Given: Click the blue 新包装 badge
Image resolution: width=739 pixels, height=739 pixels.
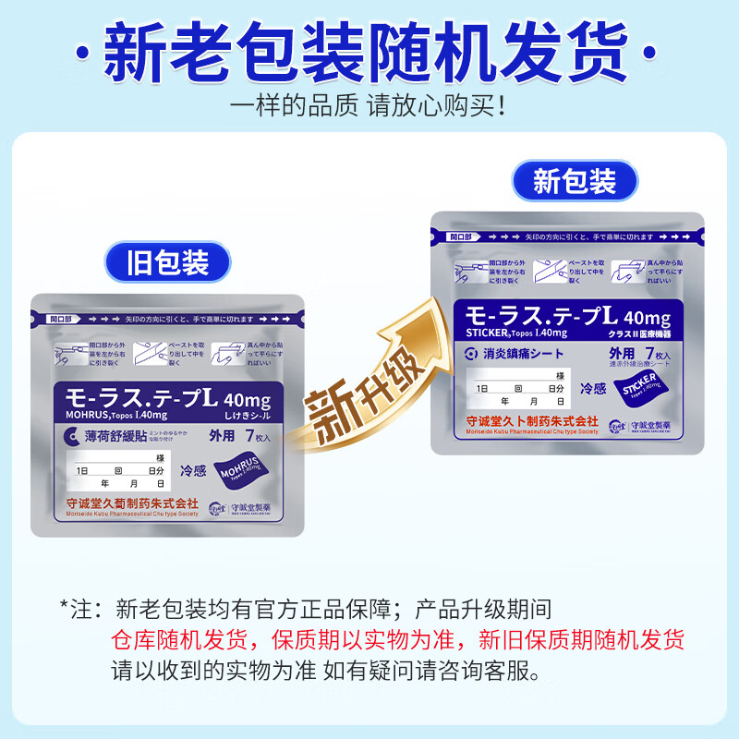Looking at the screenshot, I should pyautogui.click(x=574, y=181).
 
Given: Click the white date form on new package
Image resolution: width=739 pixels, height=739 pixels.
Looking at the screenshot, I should pyautogui.click(x=518, y=387).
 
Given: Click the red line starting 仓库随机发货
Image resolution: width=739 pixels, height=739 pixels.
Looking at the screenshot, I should pyautogui.click(x=397, y=640).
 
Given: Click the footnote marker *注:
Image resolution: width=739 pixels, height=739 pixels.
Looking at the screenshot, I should pyautogui.click(x=81, y=611).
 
